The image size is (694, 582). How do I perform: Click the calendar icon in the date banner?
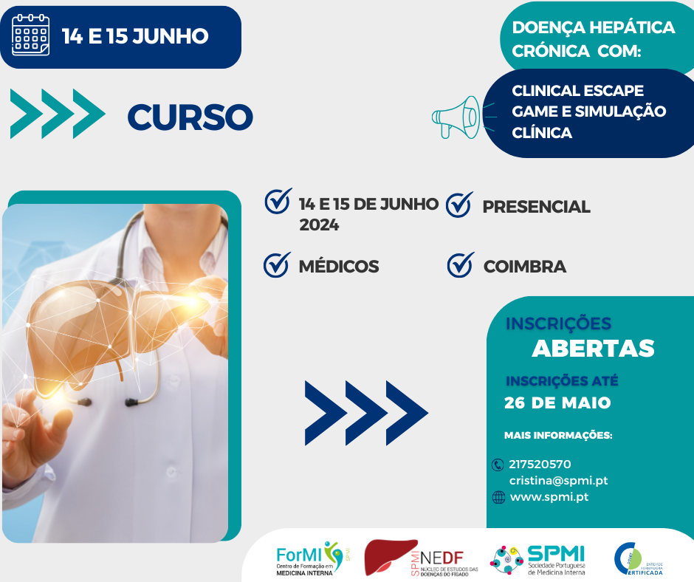pyautogui.click(x=31, y=35)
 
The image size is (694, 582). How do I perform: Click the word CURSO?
pyautogui.click(x=190, y=117)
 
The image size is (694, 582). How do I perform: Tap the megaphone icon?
pyautogui.click(x=456, y=116)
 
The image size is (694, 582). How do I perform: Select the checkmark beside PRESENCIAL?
pyautogui.click(x=459, y=205)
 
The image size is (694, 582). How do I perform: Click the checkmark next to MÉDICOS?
pyautogui.click(x=276, y=264)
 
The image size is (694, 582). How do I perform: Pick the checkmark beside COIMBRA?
pyautogui.click(x=460, y=264)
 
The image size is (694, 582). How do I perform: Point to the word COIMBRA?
pyautogui.click(x=524, y=267)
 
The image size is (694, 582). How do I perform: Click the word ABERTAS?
pyautogui.click(x=593, y=348)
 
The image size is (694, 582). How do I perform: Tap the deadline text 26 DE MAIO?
pyautogui.click(x=557, y=403)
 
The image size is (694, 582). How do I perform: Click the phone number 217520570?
pyautogui.click(x=540, y=464)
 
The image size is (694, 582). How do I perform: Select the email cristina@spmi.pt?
pyautogui.click(x=558, y=480)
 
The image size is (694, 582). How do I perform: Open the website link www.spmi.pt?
pyautogui.click(x=549, y=496)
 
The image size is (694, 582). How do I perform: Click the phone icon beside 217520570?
pyautogui.click(x=497, y=465)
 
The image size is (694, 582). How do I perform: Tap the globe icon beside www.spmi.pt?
pyautogui.click(x=498, y=497)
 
